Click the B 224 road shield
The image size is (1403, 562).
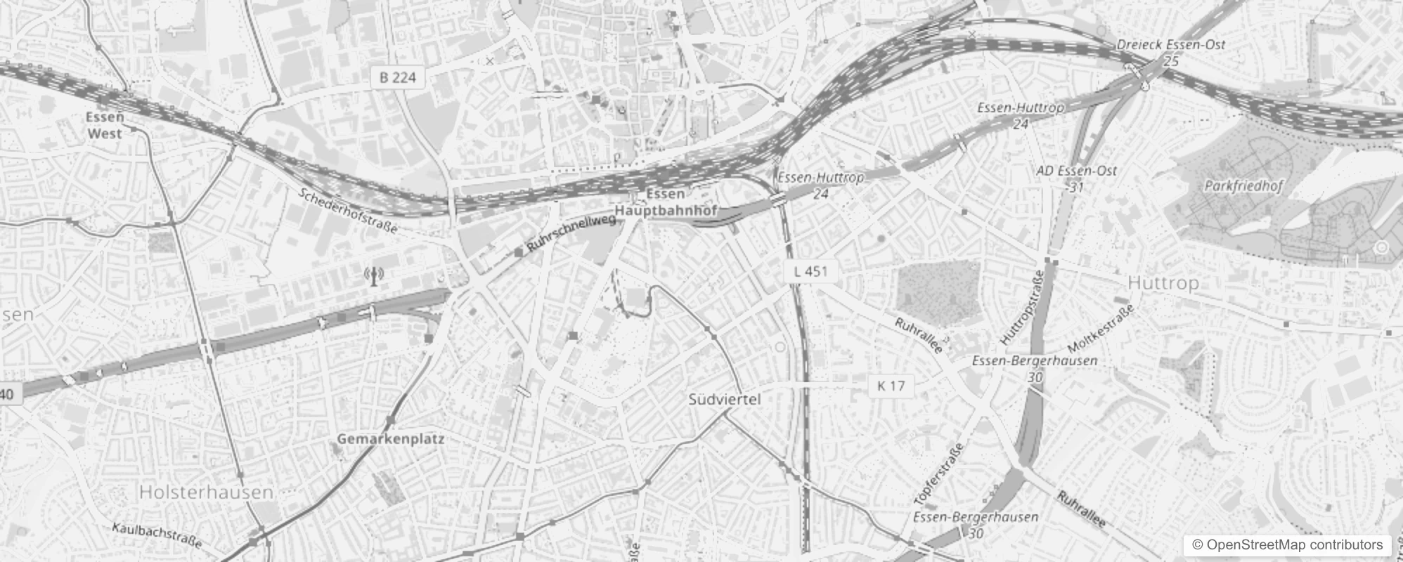click(398, 77)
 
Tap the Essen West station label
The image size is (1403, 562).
click(105, 126)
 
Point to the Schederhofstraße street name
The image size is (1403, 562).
click(348, 210)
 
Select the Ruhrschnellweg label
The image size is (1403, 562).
click(570, 233)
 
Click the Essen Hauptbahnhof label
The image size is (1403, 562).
click(665, 202)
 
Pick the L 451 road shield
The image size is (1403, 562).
click(810, 271)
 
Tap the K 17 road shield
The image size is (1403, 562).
click(891, 386)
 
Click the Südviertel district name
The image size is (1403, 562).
click(724, 400)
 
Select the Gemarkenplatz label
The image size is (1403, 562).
click(390, 439)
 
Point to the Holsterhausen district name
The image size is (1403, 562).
click(206, 492)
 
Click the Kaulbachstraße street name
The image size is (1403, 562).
click(157, 536)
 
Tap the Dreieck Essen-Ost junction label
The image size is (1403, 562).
click(1171, 51)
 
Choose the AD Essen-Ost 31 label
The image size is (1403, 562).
click(1076, 178)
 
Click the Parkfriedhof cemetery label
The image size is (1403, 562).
click(1243, 186)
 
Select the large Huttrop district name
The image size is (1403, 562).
click(1163, 283)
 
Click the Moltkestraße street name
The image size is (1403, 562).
click(1100, 329)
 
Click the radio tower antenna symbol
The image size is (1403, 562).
click(374, 276)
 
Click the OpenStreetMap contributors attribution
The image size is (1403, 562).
click(1287, 545)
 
